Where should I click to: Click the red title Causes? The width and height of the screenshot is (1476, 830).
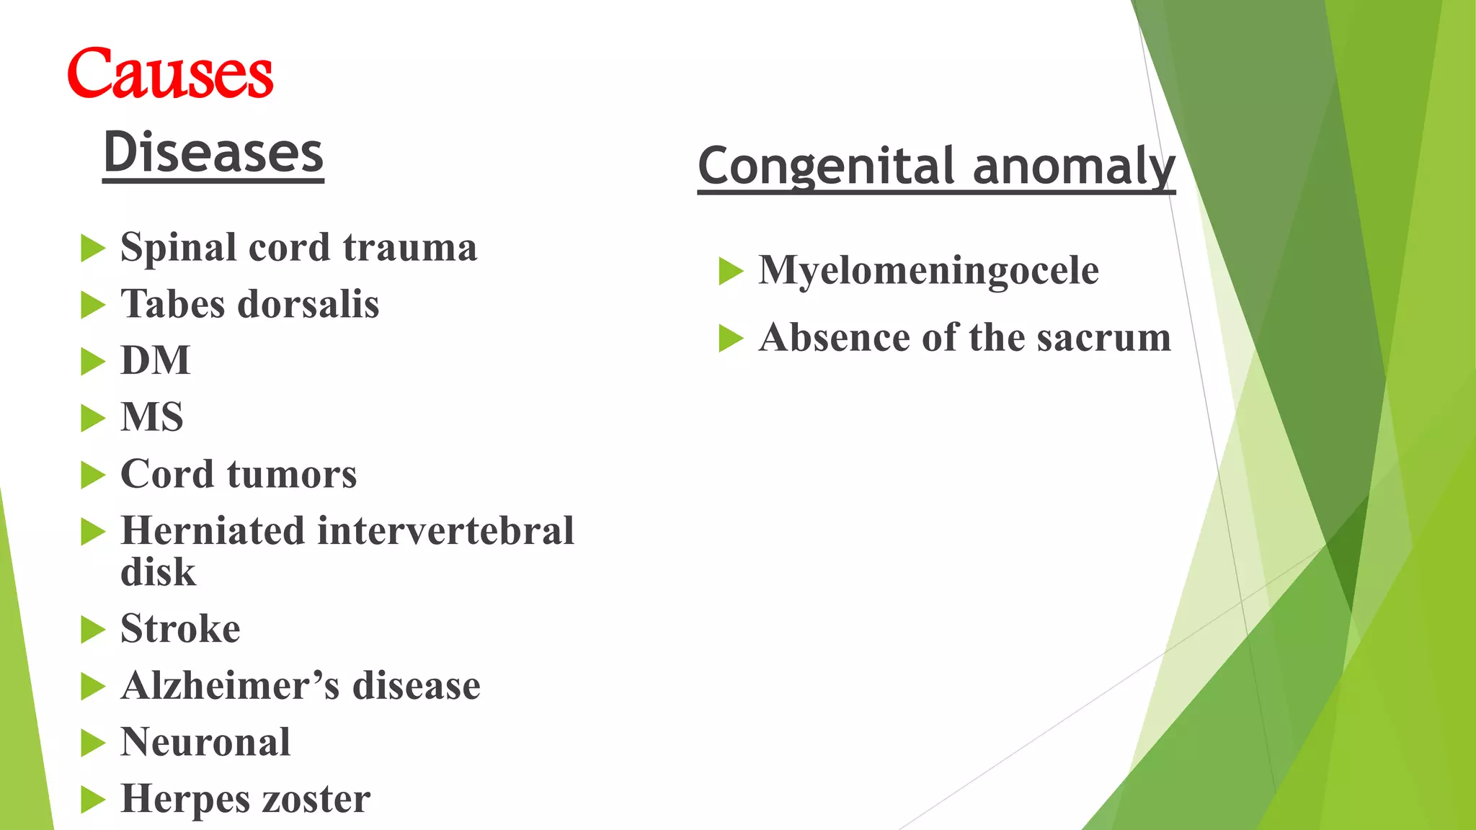tap(170, 73)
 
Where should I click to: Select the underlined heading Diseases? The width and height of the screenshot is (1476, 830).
tap(213, 153)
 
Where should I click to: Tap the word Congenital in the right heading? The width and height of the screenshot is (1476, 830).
tap(826, 166)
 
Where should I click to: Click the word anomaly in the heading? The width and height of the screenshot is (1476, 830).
tap(1074, 166)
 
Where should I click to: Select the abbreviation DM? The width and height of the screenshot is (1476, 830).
tap(156, 360)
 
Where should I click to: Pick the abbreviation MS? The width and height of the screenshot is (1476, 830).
tap(152, 417)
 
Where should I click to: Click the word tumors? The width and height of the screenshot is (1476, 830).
tap(292, 475)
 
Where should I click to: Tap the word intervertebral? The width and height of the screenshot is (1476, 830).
tap(445, 531)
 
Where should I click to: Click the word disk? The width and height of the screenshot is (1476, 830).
tap(158, 573)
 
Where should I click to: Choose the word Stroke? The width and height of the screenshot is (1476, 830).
tap(180, 629)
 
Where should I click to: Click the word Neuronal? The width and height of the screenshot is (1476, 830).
tap(205, 742)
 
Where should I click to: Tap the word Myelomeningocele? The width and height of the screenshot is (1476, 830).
tap(928, 271)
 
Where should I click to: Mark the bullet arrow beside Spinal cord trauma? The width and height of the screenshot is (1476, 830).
tap(93, 249)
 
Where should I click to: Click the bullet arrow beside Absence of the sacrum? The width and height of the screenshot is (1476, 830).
tap(731, 339)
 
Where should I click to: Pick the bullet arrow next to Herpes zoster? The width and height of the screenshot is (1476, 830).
tap(93, 800)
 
